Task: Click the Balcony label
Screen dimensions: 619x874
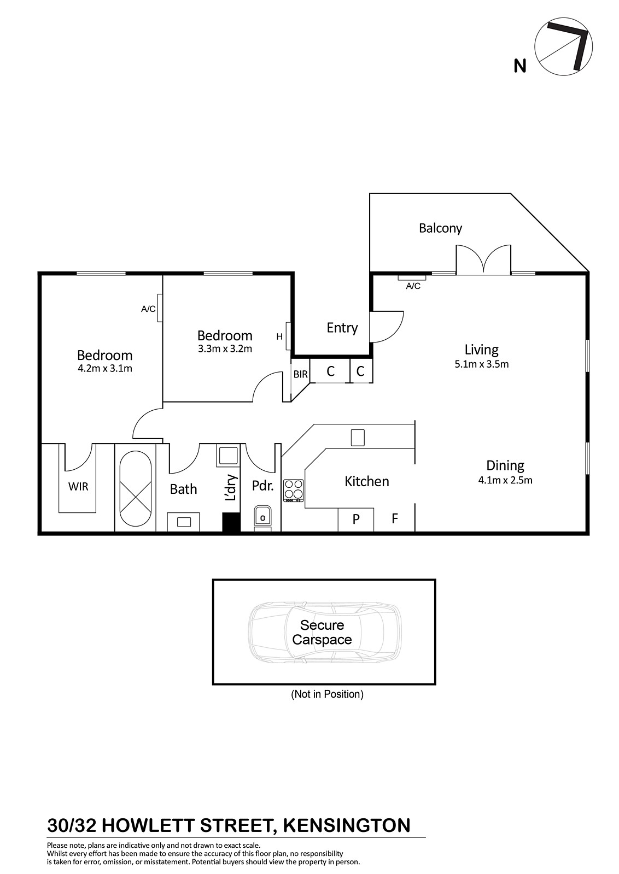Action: [x=440, y=228]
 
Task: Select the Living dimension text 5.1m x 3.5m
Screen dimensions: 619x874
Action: [x=482, y=364]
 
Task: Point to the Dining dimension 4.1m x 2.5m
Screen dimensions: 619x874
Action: [x=505, y=480]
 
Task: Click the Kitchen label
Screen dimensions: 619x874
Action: [x=367, y=481]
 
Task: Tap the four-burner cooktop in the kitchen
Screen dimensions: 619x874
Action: [x=294, y=491]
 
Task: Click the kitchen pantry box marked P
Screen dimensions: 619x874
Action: [x=356, y=519]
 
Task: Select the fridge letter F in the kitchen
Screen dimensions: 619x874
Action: [x=395, y=518]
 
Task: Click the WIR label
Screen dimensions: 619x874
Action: [x=78, y=487]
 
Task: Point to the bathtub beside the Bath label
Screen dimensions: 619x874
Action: [x=135, y=488]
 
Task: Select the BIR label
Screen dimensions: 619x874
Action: [x=300, y=374]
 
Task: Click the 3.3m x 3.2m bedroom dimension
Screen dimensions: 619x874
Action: [x=225, y=349]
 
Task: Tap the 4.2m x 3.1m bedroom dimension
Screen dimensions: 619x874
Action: [x=105, y=368]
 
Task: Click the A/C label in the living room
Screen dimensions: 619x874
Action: [x=413, y=286]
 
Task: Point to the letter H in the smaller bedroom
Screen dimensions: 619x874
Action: [x=279, y=336]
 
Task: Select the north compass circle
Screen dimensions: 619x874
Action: [x=563, y=46]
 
